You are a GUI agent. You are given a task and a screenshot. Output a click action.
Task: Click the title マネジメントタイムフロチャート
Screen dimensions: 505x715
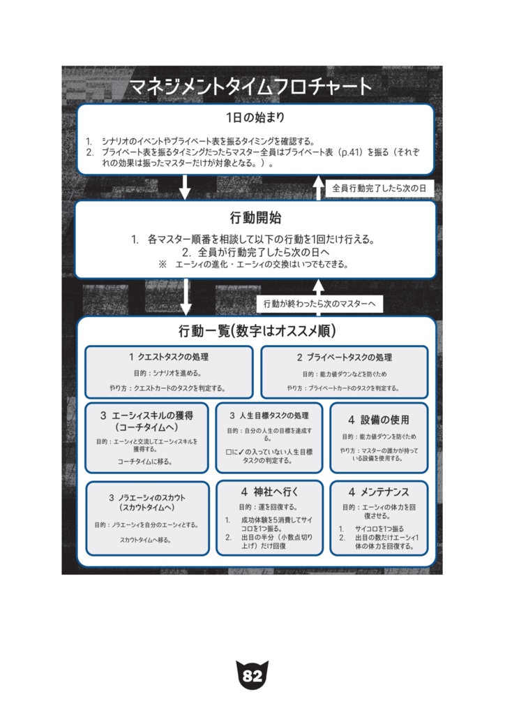(251, 87)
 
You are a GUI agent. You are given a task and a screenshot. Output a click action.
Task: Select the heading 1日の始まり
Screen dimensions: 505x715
(255, 117)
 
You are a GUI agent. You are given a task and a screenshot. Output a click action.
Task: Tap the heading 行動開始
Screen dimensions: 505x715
(255, 217)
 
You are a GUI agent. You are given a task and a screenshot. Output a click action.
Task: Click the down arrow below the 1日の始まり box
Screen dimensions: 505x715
(186, 187)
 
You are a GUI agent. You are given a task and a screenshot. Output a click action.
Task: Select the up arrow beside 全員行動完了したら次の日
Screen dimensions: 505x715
(318, 187)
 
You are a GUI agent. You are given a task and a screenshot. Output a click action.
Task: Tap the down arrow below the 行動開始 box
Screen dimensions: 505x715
(186, 297)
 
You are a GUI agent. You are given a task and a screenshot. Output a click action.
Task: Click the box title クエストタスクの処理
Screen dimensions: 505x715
(169, 357)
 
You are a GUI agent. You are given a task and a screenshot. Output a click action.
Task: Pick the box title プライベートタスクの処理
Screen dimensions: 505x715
(345, 357)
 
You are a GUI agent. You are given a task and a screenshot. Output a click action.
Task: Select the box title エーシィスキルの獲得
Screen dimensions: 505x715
(146, 420)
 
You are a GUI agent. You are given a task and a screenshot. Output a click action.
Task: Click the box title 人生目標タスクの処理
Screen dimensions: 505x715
(269, 415)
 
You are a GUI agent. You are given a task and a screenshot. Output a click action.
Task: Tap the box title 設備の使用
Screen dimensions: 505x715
(379, 420)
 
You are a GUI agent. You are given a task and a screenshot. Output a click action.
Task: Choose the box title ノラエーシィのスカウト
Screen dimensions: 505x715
(147, 503)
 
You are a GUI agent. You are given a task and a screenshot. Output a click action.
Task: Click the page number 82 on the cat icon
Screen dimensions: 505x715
(252, 676)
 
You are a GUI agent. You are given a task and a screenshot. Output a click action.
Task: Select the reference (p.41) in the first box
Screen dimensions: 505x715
(347, 151)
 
